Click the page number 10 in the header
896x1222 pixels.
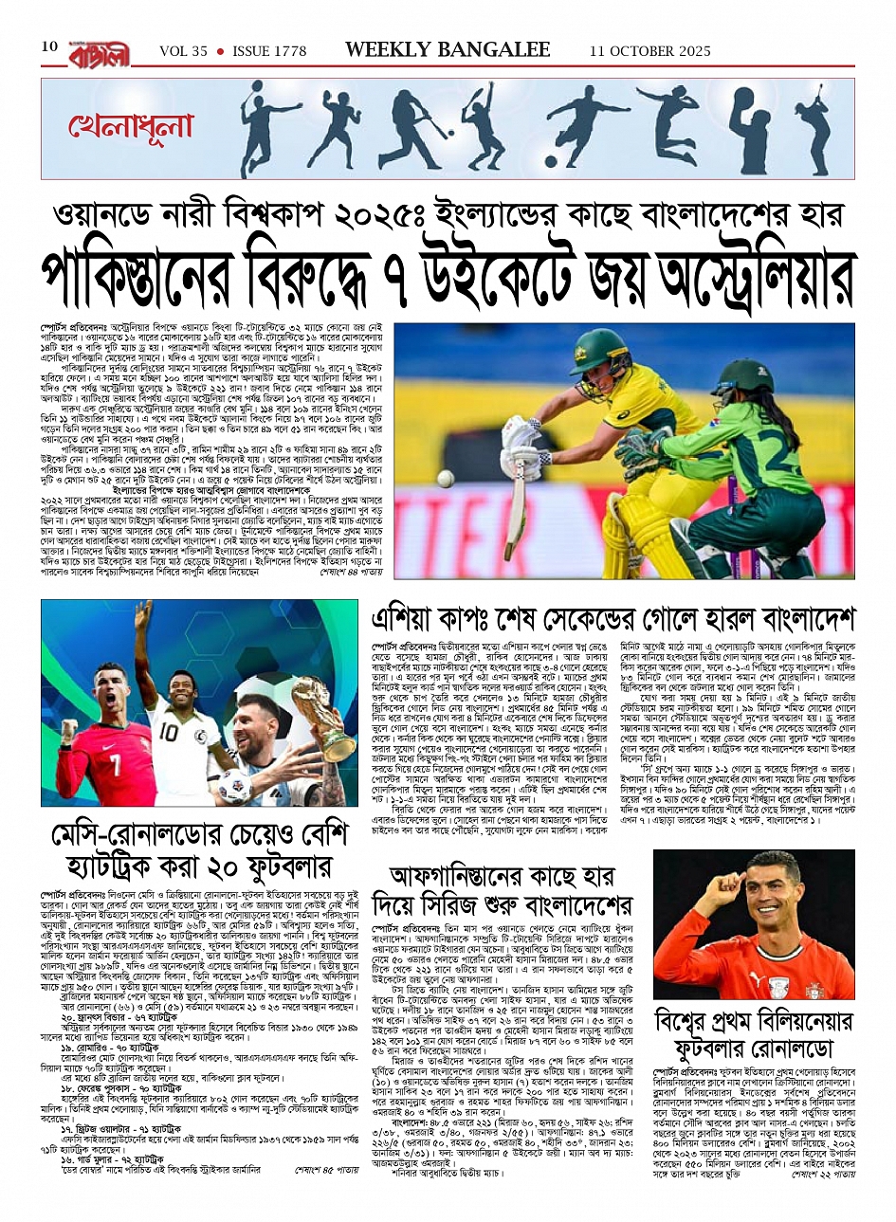[49, 47]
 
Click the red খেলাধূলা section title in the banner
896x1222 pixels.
[130, 126]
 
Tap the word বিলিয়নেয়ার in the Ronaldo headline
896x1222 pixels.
[784, 1022]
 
